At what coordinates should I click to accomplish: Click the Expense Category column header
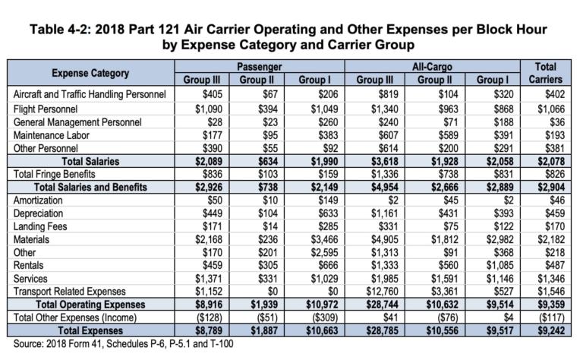point(90,73)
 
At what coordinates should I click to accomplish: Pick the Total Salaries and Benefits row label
point(99,186)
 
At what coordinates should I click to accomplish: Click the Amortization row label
point(39,199)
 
